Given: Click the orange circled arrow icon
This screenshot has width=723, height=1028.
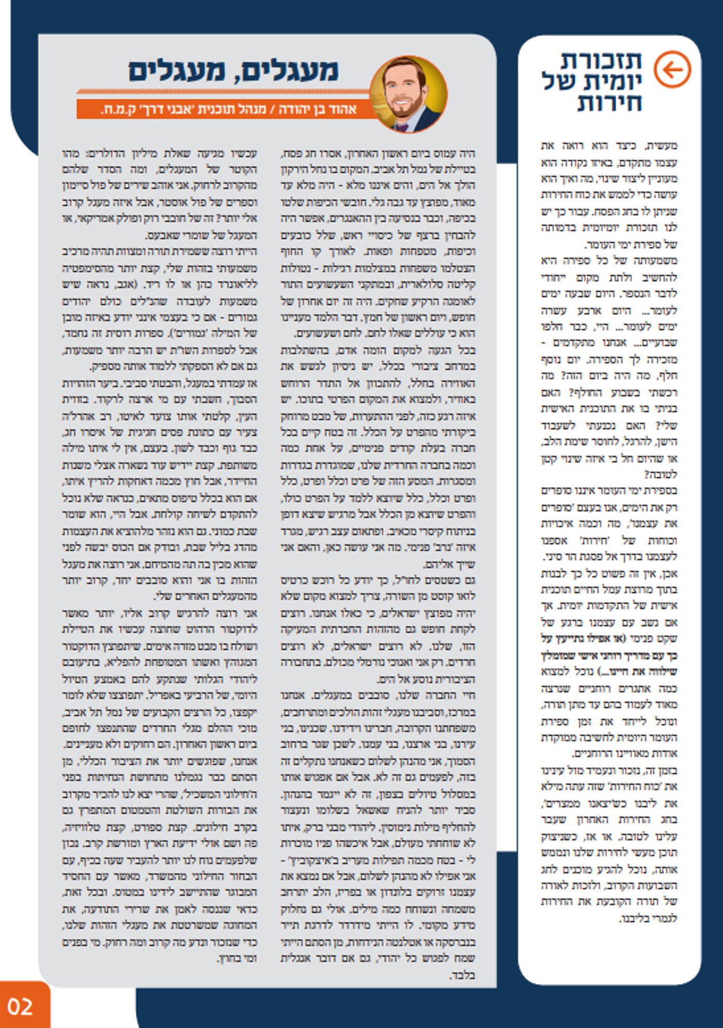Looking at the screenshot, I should (x=672, y=69).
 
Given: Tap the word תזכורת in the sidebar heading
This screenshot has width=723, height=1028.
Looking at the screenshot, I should (x=601, y=61).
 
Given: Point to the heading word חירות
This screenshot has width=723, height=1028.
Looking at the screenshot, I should (x=609, y=103).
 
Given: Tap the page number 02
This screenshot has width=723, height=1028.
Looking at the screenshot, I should (x=20, y=1006).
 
